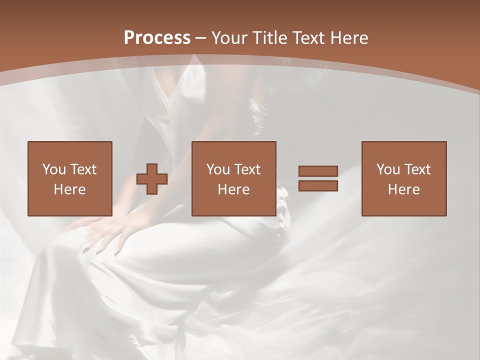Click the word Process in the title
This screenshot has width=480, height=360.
click(x=157, y=38)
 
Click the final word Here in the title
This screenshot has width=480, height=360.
click(x=349, y=38)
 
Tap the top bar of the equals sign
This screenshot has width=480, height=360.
click(x=318, y=171)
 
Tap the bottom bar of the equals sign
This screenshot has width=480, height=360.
click(x=318, y=186)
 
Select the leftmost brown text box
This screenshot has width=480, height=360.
click(x=69, y=178)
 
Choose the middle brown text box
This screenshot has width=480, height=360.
click(x=233, y=178)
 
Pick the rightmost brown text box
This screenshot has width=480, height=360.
click(x=403, y=178)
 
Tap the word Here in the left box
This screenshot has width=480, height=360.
click(x=69, y=189)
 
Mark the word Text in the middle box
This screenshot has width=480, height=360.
click(x=247, y=169)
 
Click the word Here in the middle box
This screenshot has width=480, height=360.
click(x=233, y=189)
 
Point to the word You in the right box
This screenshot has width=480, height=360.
click(x=388, y=169)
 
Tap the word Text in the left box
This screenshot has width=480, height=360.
click(x=83, y=169)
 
